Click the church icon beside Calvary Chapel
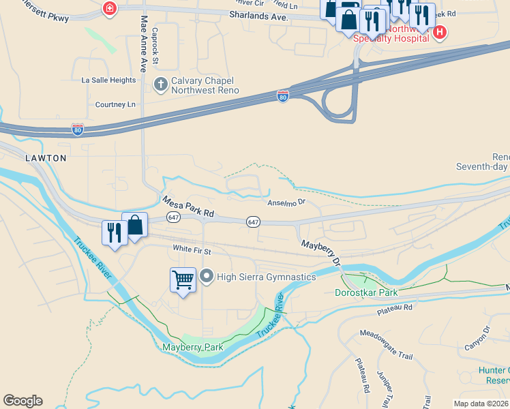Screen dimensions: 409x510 coord(160,85)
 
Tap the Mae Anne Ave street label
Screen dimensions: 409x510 coord(143,44)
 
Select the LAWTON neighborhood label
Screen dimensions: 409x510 coord(46,158)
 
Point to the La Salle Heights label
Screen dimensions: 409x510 coord(108,80)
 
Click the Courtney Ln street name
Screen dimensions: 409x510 coord(115,105)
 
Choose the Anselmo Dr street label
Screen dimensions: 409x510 coord(286,202)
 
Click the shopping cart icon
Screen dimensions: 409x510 coord(183,279)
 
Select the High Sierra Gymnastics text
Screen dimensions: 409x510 coord(266,277)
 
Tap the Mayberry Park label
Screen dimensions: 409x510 coord(193,347)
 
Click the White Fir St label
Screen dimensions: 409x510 coord(192,249)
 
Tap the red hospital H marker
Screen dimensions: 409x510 coord(440,31)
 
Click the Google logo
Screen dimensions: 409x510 coord(22,401)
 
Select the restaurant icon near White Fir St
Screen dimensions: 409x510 coord(113,232)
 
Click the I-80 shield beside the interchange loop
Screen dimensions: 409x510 coord(283,96)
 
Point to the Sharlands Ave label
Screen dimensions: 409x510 coord(256,14)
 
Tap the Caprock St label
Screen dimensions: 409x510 coord(155,46)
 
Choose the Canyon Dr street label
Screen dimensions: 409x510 coord(477,339)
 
